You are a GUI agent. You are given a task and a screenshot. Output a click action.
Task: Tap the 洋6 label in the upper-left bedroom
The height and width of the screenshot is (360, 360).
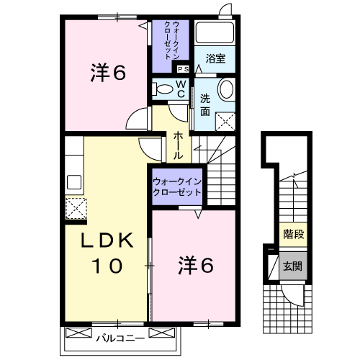click(109, 72)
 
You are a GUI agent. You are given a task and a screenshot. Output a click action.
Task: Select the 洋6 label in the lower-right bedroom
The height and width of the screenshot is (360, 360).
click(195, 266)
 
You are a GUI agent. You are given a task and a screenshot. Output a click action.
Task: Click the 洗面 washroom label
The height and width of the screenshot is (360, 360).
click(206, 105)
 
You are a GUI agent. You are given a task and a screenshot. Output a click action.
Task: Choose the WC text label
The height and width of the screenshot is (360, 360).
click(181, 89)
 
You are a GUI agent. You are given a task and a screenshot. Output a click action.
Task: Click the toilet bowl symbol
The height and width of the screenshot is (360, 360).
click(163, 89)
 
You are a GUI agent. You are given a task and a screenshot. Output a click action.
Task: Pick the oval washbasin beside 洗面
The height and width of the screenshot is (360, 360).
click(225, 91)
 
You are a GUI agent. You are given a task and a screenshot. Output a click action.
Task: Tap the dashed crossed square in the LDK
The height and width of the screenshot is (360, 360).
click(76, 210)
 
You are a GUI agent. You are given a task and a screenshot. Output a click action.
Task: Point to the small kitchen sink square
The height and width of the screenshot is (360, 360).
click(73, 181)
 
